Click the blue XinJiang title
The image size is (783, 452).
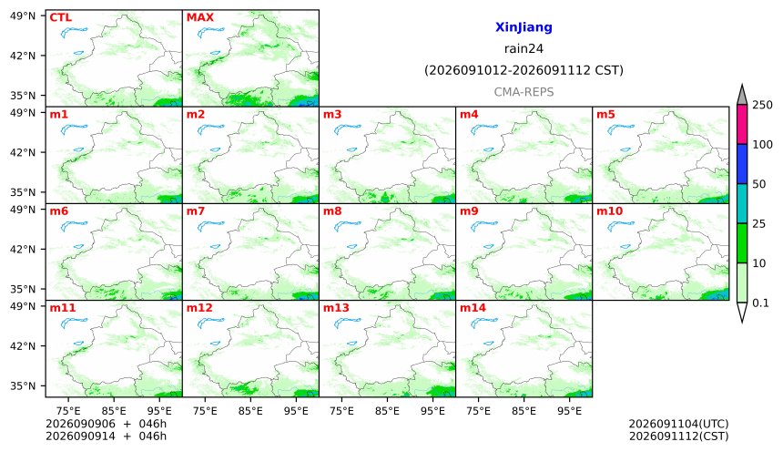point(524,27)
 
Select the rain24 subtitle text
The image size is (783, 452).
point(524,49)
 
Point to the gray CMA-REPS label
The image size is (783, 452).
point(524,92)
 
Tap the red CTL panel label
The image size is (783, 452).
point(60,17)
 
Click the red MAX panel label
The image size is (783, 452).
point(199,17)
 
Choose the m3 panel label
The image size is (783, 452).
point(332,115)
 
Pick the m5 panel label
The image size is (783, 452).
point(605,115)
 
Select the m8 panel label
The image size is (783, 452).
point(332,211)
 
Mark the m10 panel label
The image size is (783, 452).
point(609,211)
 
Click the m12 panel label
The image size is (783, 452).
point(199,308)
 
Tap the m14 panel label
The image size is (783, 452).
point(473,308)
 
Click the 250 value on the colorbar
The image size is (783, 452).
point(762,105)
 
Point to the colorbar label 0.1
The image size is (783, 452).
point(760,303)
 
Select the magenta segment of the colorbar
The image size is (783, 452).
point(742,125)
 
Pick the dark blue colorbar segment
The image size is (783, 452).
point(742,164)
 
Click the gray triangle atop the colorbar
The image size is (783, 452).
point(742,96)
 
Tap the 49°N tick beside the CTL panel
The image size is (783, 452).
point(23,16)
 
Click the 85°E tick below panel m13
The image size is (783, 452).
point(387,411)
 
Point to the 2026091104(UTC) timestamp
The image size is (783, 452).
point(678,424)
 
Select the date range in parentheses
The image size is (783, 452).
point(524,70)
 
